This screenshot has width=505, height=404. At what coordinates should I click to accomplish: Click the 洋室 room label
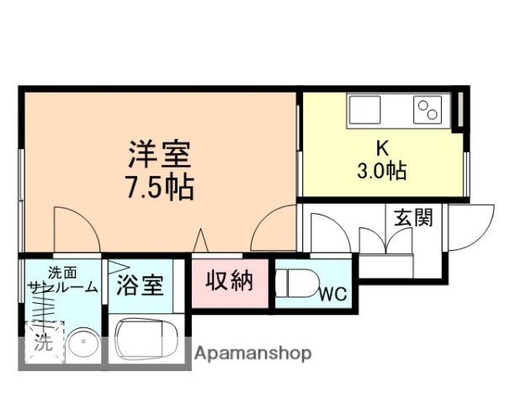click(x=160, y=155)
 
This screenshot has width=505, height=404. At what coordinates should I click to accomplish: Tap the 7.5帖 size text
click(x=160, y=187)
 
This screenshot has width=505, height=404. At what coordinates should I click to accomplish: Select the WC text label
click(x=334, y=295)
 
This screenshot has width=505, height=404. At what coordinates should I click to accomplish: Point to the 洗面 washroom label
click(x=61, y=272)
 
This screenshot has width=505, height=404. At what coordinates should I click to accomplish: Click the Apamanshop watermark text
click(x=252, y=353)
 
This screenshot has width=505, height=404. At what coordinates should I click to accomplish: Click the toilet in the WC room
click(x=295, y=284)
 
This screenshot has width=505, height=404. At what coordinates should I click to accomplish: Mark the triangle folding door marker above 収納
click(x=200, y=241)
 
